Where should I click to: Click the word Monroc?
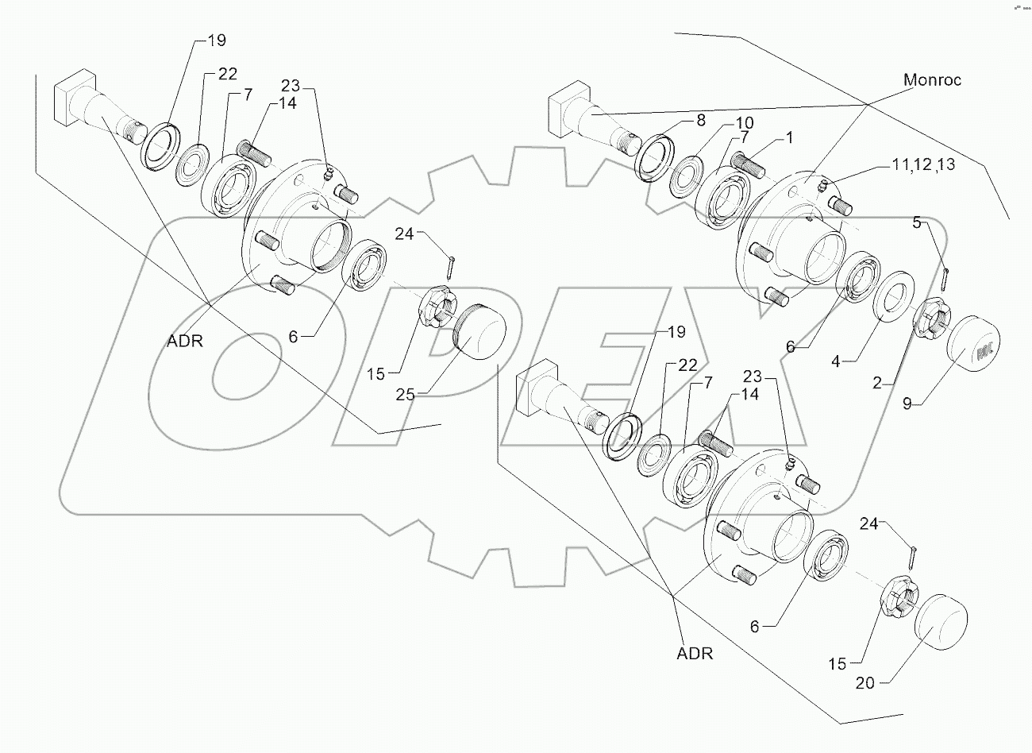point(932,79)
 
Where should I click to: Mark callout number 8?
point(699,122)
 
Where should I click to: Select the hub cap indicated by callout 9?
point(973,348)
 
